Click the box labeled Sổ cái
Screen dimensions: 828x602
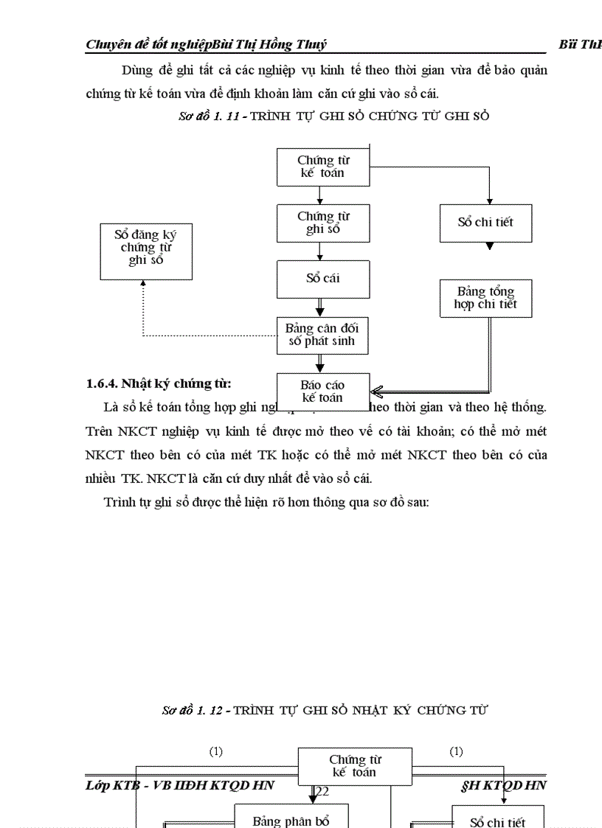click(x=323, y=279)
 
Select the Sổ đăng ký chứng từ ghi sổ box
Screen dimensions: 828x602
click(x=145, y=248)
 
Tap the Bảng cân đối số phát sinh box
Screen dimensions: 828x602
click(x=322, y=335)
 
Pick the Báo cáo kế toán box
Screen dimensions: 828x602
click(x=322, y=391)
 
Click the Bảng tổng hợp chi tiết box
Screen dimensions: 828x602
click(x=485, y=298)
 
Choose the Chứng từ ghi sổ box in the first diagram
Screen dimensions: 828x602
click(x=323, y=223)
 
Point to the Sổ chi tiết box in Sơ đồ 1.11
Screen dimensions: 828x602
click(x=485, y=222)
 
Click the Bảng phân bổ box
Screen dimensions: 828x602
click(x=291, y=820)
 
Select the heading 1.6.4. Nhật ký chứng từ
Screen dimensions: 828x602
click(x=159, y=383)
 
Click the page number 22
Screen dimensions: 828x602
click(x=322, y=791)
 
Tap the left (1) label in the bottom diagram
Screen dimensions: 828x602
click(x=215, y=751)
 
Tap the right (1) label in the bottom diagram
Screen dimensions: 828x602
click(x=457, y=751)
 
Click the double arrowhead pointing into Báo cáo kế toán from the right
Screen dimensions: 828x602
click(x=377, y=391)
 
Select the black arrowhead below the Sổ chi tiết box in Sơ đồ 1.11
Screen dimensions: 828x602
click(x=489, y=246)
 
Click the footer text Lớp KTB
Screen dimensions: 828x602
click(x=111, y=785)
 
